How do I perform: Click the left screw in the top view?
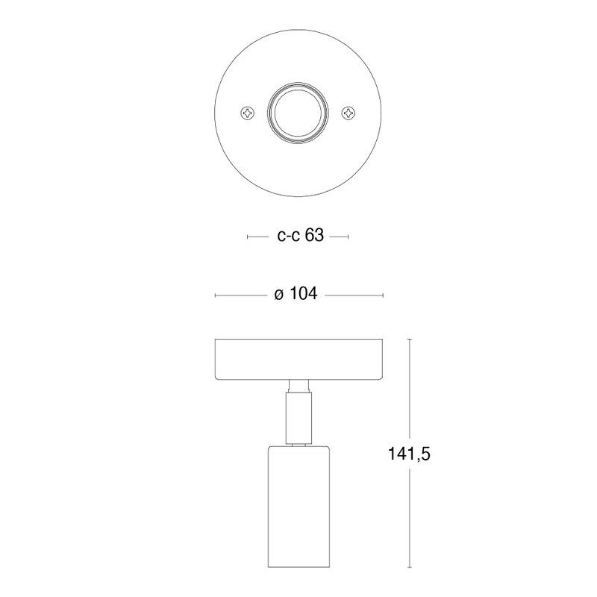[x=248, y=113]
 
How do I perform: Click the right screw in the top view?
[x=348, y=113]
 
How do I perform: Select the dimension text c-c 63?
[x=301, y=236]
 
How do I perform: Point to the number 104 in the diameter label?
[x=304, y=294]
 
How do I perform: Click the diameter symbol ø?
[x=279, y=295]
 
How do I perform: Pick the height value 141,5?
[x=409, y=454]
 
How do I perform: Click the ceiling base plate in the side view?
[x=298, y=360]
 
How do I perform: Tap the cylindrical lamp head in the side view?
[x=298, y=507]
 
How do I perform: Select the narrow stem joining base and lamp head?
[x=298, y=418]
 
